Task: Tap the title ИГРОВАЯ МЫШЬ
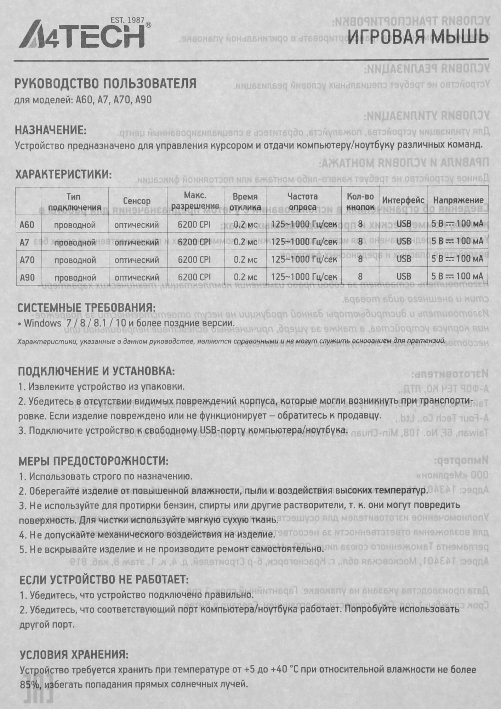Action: pos(418,37)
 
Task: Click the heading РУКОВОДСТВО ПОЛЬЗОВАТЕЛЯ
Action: pos(105,84)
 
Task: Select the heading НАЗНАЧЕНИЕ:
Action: pos(51,130)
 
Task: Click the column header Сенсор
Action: pos(137,201)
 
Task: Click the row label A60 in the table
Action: pos(27,225)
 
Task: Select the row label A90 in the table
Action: pos(27,277)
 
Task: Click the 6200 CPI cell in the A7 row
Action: pos(194,242)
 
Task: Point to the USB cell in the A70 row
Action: pos(404,259)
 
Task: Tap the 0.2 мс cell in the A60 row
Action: pos(245,224)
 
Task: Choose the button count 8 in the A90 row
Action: pos(360,277)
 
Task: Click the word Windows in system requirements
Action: pos(42,323)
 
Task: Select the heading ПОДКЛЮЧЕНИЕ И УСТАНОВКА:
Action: pos(96,372)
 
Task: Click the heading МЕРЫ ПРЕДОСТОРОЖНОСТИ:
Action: pos(93,461)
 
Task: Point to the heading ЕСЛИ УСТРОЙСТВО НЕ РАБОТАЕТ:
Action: pos(104,580)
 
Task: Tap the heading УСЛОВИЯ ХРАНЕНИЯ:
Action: pos(74,654)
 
